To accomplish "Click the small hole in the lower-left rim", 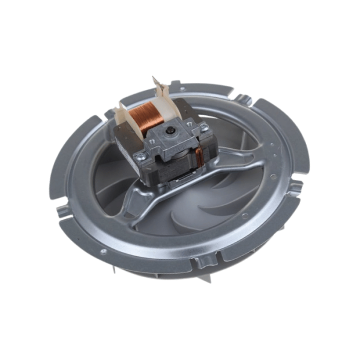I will (x=103, y=251).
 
